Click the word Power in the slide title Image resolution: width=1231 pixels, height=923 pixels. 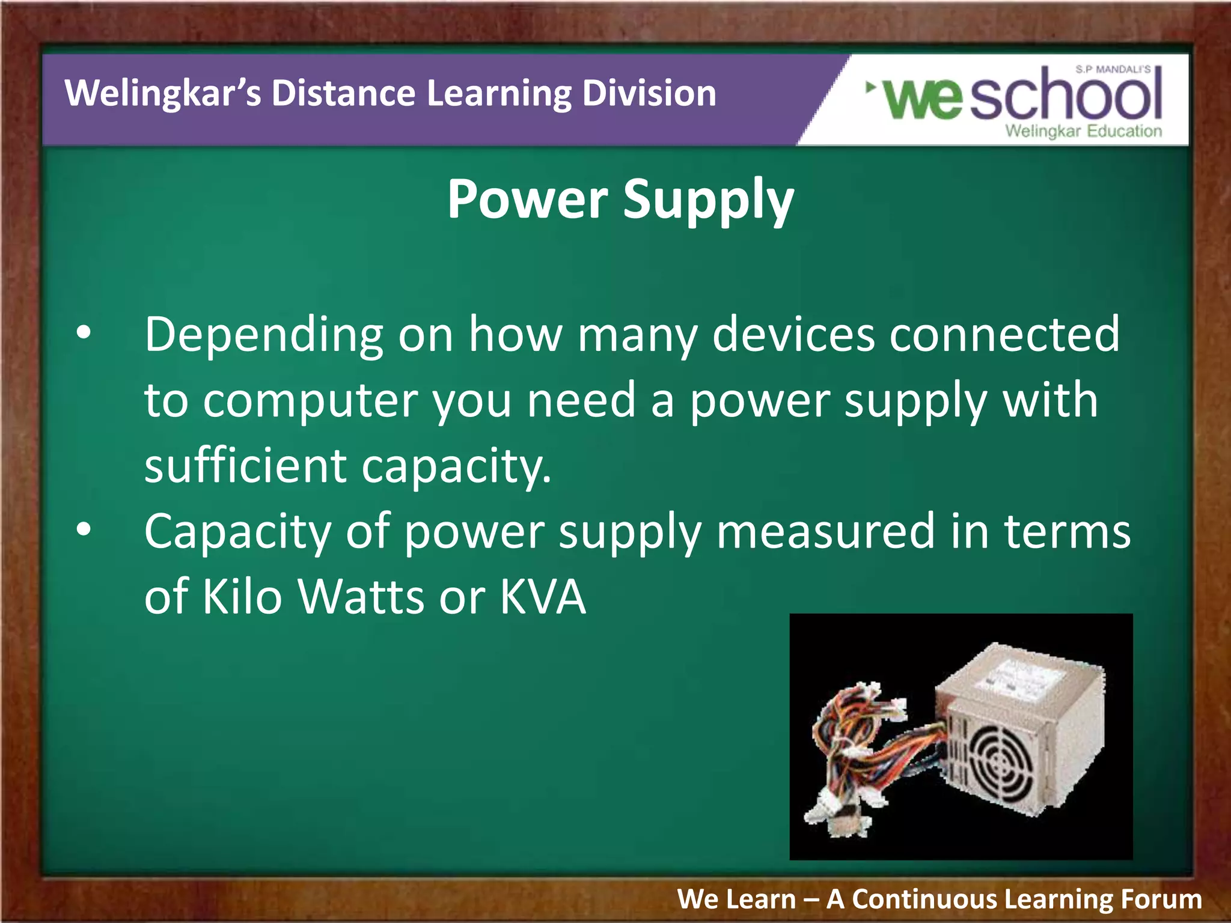(527, 200)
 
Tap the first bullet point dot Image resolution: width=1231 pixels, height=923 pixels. (84, 332)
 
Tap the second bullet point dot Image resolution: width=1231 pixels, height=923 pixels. (84, 529)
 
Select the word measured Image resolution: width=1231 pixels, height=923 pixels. (825, 531)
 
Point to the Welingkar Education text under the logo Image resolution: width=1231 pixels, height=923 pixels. (1083, 131)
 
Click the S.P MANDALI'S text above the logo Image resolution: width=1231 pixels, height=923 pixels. (1113, 70)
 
